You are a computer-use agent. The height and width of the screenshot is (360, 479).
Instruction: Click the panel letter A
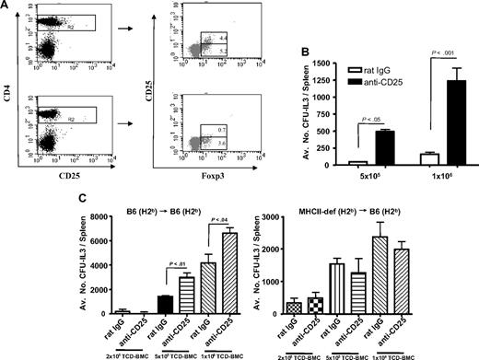click(8, 8)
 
